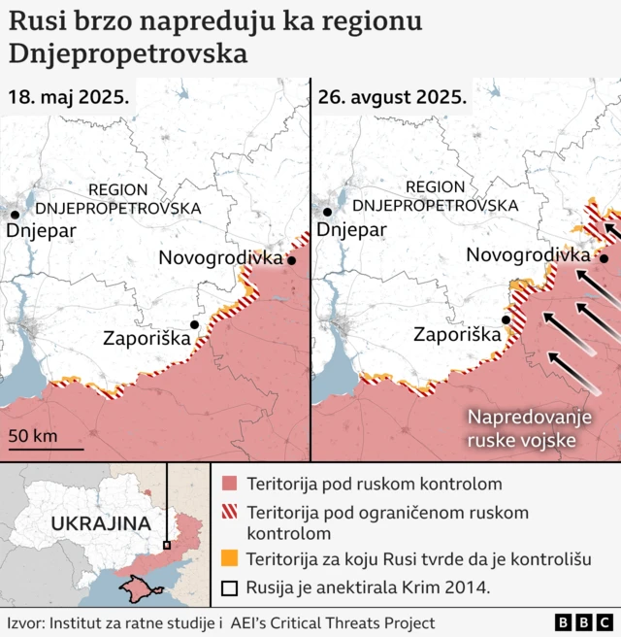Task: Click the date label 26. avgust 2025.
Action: [x=392, y=98]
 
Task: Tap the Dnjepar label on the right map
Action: [x=351, y=230]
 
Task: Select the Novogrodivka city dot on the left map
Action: [x=290, y=259]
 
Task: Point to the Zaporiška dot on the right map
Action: [x=506, y=319]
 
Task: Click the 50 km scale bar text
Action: [x=33, y=435]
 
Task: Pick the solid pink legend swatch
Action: [x=229, y=484]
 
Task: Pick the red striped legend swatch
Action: [x=229, y=512]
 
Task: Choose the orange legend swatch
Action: [x=229, y=559]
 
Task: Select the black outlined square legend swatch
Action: [x=229, y=587]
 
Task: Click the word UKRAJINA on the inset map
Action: [x=86, y=523]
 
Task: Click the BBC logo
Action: [x=584, y=622]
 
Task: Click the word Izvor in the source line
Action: [x=25, y=623]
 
